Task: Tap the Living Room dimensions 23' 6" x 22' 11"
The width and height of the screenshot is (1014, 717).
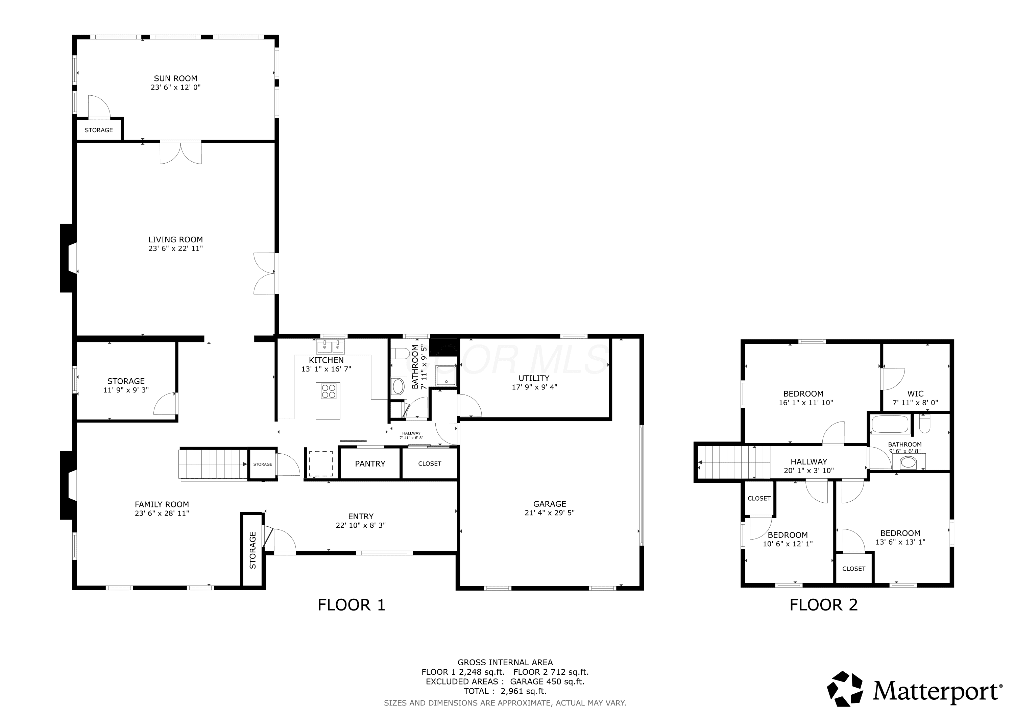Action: [175, 248]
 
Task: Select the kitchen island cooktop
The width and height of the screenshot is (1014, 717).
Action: [329, 391]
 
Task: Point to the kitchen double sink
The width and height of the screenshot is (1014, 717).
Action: [330, 347]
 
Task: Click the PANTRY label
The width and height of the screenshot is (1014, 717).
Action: [370, 463]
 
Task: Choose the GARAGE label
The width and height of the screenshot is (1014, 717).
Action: [549, 504]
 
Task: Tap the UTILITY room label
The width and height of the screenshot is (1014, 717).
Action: [534, 378]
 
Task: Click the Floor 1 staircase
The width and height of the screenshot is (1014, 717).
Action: [213, 464]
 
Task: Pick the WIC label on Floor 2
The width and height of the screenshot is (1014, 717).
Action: [916, 393]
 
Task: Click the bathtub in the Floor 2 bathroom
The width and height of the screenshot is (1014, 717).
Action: [890, 425]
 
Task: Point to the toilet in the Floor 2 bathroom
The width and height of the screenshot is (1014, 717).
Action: [924, 423]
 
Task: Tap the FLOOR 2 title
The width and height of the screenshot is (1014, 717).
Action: [824, 605]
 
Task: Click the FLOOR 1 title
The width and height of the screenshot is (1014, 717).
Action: [352, 605]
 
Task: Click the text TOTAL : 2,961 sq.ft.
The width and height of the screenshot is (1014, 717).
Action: [505, 691]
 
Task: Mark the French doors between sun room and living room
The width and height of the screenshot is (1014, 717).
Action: [180, 152]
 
